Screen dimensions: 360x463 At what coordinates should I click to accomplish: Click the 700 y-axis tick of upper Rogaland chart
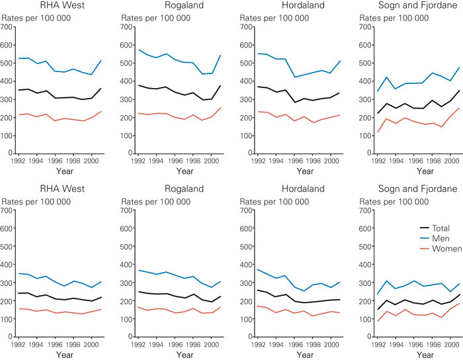125,27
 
